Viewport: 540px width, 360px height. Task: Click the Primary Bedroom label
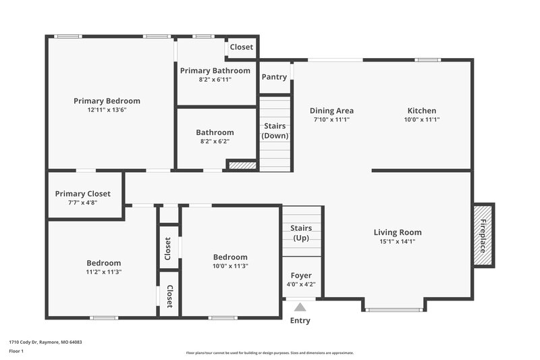107,101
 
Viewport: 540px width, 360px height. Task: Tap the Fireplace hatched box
483,235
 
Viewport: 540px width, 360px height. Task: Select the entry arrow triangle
300,307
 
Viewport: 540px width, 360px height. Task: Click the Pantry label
274,77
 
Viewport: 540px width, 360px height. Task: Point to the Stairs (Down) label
275,131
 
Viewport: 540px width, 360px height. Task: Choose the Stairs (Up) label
300,233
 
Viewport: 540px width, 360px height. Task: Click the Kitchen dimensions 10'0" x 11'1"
421,120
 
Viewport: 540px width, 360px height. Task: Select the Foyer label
300,276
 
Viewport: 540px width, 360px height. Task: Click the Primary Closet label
82,194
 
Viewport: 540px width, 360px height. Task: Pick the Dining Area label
331,111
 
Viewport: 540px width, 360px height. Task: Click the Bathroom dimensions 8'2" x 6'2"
215,141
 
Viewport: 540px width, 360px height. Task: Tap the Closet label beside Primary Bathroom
241,47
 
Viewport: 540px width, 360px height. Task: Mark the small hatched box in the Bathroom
242,164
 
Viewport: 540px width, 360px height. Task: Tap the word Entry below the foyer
300,321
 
